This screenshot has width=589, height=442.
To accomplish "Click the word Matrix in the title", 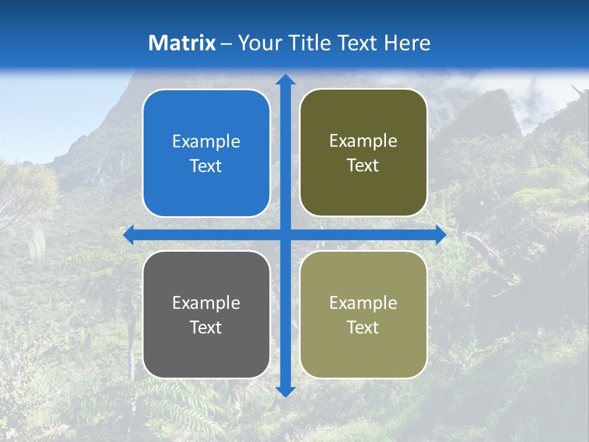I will (x=182, y=43).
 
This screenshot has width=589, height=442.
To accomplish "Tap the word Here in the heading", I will (x=407, y=43).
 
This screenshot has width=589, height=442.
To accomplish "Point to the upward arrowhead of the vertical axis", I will (x=285, y=80).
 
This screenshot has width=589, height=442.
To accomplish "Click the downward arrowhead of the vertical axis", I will (x=285, y=391).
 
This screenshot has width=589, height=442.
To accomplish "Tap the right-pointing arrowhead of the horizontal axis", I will (x=441, y=235).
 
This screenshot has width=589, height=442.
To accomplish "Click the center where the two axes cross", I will (x=285, y=235).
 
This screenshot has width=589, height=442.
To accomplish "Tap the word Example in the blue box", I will (x=206, y=142).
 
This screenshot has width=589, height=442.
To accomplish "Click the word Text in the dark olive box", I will (x=363, y=166).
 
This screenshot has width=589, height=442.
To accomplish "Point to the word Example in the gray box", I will (x=206, y=303).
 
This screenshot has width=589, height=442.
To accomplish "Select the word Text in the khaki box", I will (x=363, y=327).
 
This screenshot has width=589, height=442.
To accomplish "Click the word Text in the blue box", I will (x=206, y=166).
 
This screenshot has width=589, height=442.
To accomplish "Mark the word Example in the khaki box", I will (x=363, y=303).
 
